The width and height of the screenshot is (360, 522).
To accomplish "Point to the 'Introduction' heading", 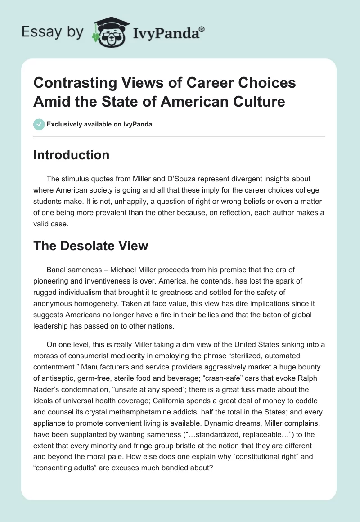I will pos(72,155).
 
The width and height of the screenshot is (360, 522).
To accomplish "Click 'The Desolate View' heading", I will pos(90,245).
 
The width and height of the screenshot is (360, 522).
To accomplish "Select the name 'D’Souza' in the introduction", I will pos(198,179).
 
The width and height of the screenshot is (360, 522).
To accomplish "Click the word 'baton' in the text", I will pos(275,314).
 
